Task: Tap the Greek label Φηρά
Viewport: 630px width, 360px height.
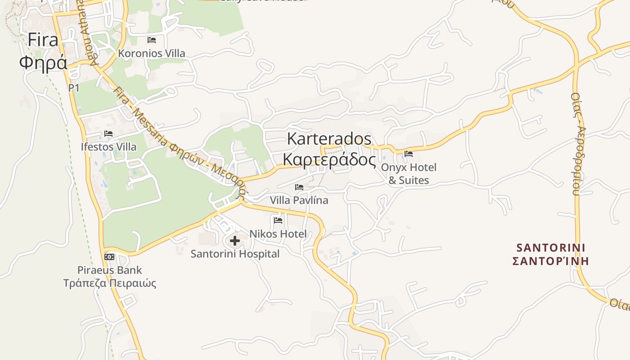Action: [x=43, y=62]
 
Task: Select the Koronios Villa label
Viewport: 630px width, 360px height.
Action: [x=151, y=53]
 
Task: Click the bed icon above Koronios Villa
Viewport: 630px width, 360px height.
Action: [x=152, y=40]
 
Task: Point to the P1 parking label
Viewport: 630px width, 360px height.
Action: [x=74, y=88]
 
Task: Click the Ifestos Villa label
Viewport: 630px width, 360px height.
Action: [x=108, y=147]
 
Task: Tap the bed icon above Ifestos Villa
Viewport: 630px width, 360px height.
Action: [x=108, y=134]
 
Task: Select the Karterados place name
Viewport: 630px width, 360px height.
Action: [x=329, y=139]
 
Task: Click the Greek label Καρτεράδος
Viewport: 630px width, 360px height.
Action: [x=329, y=159]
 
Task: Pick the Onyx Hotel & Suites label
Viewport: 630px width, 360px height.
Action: [x=409, y=174]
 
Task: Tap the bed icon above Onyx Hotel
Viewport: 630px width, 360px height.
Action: [x=409, y=154]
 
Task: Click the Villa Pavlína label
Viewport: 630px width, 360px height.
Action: [x=299, y=200]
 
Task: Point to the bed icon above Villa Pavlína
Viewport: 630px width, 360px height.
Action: [x=299, y=187]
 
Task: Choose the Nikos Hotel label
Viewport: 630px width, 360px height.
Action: [x=278, y=234]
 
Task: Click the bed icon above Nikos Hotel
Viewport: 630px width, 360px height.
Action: [x=278, y=220]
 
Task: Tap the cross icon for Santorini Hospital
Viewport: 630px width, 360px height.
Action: [x=234, y=241]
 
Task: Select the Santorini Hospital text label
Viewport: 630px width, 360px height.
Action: [x=235, y=254]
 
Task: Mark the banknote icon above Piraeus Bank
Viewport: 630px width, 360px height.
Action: [x=109, y=257]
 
